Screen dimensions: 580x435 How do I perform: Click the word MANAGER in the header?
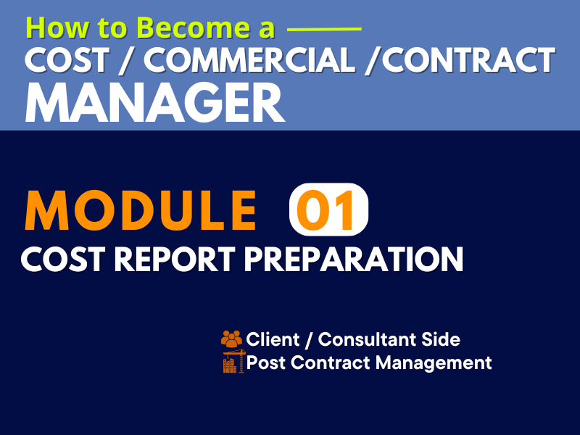154,102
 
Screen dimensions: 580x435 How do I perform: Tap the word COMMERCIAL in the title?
249,61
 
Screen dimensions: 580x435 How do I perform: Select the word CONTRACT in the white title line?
468,61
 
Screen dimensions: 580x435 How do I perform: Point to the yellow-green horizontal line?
324,28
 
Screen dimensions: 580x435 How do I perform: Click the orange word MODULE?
141,210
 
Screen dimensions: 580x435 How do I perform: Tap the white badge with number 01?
328,210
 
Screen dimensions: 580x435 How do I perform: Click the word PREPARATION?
354,260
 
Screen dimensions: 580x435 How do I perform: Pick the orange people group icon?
231,339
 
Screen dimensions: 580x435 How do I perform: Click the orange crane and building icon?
233,361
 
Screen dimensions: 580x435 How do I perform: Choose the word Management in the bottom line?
434,363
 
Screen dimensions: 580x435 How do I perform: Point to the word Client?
273,339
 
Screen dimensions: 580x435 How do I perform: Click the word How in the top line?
57,28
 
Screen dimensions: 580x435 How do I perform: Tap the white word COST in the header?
67,61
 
